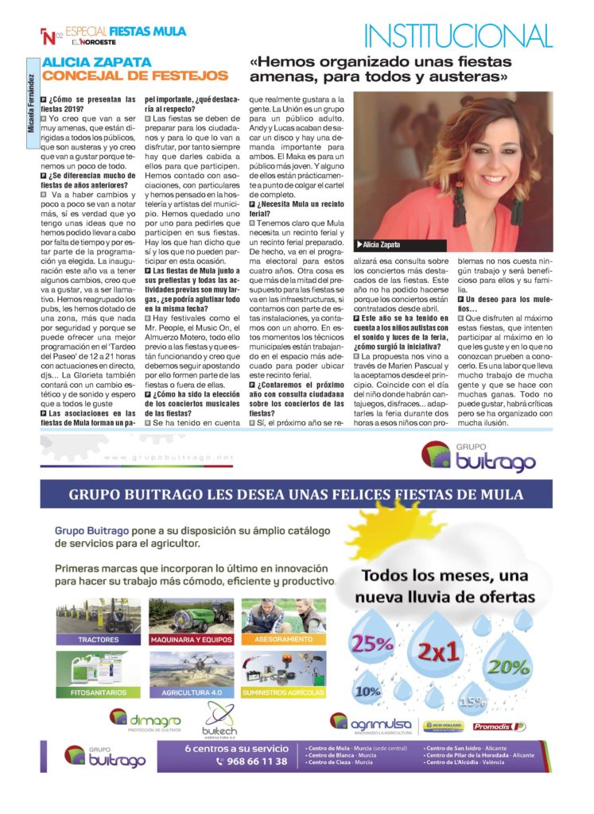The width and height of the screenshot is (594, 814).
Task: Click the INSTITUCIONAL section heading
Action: (x=457, y=36)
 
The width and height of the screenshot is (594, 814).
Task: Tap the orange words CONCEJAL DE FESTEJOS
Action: (x=134, y=76)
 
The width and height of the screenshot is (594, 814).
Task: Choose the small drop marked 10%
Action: (x=367, y=691)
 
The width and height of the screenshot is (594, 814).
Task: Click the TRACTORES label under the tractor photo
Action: (x=99, y=639)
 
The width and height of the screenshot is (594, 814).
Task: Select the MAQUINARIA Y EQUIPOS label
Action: (x=191, y=639)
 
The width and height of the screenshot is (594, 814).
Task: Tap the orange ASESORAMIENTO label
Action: (x=283, y=639)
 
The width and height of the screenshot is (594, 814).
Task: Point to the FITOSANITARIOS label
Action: (x=99, y=692)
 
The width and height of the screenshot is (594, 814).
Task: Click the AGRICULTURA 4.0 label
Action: (x=191, y=692)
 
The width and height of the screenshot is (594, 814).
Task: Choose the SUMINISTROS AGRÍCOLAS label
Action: (x=283, y=692)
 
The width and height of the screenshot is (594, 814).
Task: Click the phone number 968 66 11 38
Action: (x=251, y=762)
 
